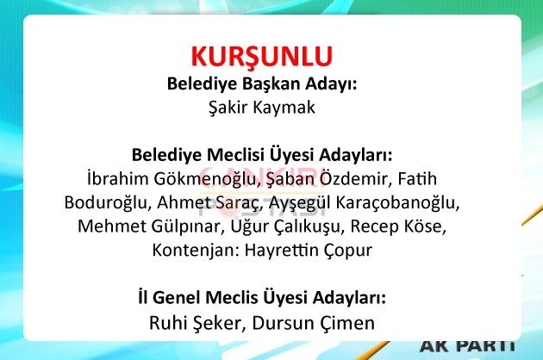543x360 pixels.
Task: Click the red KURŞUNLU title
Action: [262, 57]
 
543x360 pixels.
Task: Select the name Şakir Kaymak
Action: [262, 108]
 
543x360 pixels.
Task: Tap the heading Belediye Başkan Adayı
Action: [262, 84]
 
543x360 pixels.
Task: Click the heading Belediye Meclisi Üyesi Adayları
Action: [262, 155]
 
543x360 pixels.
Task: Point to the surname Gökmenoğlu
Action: [207, 179]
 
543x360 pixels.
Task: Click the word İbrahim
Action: [118, 178]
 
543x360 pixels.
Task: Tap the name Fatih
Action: [417, 178]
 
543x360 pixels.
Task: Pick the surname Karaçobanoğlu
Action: [397, 202]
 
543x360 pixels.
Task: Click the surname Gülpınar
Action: [188, 227]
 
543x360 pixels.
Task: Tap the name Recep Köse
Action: [398, 227]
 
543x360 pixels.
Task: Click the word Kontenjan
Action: [196, 251]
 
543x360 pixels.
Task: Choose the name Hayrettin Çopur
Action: [309, 251]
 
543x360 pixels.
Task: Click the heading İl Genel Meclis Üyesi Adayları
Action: [262, 298]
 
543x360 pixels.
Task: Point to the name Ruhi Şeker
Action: [197, 323]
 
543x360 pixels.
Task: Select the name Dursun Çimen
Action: [314, 323]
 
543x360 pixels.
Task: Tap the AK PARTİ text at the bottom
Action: [468, 346]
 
